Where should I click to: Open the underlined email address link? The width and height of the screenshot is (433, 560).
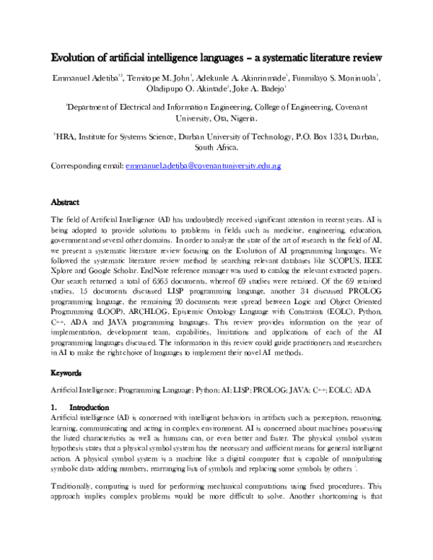[x=203, y=166]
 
